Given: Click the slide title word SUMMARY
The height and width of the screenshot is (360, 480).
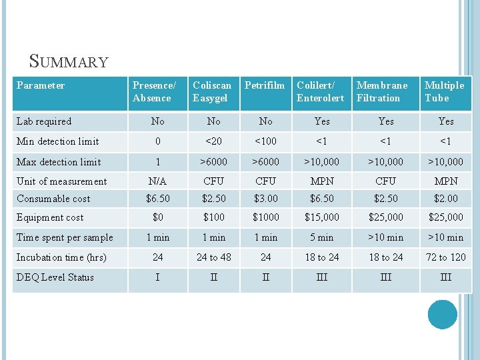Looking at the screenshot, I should click(x=69, y=62).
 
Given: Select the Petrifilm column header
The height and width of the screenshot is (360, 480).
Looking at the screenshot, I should click(x=265, y=85).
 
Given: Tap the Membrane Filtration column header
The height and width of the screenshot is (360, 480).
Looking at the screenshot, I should click(x=382, y=91).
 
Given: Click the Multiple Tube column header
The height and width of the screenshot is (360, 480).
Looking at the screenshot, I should click(x=444, y=91).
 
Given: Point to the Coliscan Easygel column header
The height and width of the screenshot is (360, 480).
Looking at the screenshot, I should click(x=212, y=91).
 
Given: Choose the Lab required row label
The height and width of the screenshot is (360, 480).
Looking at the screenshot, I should click(x=44, y=121).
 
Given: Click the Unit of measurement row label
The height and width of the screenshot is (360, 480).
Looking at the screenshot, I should click(x=61, y=181).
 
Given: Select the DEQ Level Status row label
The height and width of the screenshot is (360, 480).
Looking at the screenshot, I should click(x=55, y=277).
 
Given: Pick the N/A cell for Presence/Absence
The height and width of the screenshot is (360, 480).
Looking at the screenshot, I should click(x=158, y=181).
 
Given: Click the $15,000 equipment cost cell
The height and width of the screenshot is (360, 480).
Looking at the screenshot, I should click(x=322, y=217).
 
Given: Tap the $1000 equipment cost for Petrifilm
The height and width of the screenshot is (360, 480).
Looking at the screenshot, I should click(x=266, y=217).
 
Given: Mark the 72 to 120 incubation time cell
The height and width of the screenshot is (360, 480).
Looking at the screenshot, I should click(x=446, y=257).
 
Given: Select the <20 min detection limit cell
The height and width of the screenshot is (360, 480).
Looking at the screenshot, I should click(x=213, y=141).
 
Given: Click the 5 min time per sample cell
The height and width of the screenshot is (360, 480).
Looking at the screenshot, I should click(x=322, y=237).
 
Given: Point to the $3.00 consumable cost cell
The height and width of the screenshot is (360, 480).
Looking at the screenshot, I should click(x=266, y=199).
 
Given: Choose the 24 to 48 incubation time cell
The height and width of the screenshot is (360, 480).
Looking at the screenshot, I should click(x=213, y=257).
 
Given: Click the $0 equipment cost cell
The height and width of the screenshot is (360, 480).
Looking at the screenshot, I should click(x=158, y=217).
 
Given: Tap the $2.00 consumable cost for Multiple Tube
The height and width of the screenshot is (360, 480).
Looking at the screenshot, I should click(x=446, y=199).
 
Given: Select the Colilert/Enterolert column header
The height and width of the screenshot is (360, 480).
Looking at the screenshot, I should click(x=321, y=91).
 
